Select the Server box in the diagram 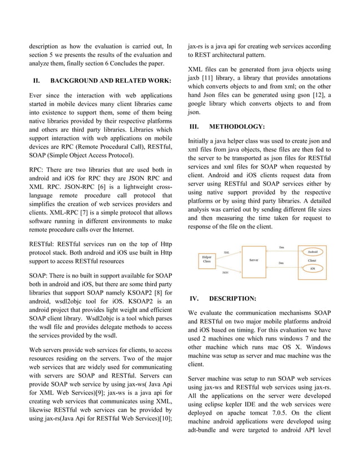254,260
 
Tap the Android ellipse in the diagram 312,252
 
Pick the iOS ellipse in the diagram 312,269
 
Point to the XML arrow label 226,252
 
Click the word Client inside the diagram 312,261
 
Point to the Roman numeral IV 194,298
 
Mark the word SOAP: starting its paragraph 39,275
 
